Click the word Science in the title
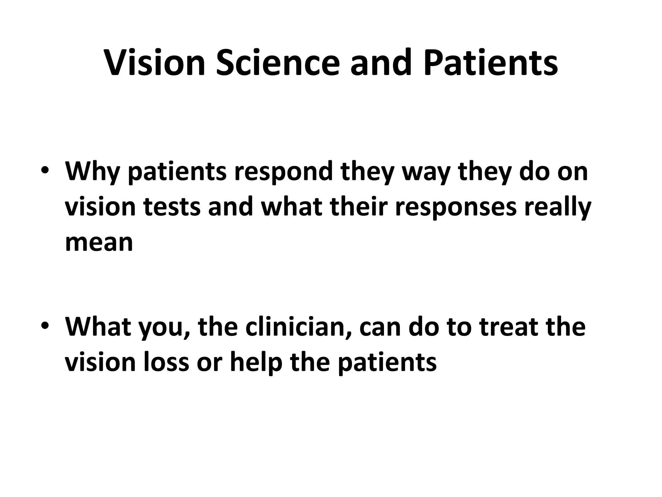point(278,63)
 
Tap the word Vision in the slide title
point(155,63)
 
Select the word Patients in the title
point(491,63)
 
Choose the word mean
point(99,242)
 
